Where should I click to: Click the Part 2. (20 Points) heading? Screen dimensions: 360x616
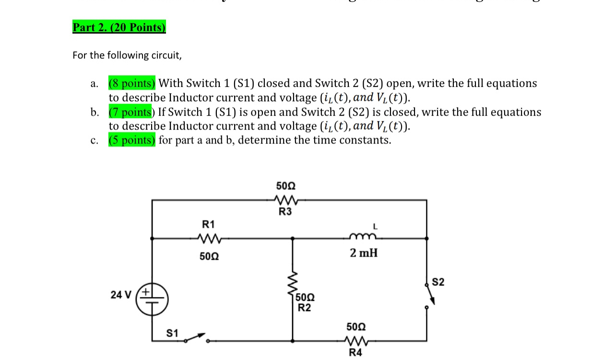119,27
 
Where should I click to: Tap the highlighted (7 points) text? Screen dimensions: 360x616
130,112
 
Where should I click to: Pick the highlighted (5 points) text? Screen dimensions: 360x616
132,140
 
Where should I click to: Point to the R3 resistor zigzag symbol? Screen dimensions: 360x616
285,200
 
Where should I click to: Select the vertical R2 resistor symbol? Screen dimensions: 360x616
292,286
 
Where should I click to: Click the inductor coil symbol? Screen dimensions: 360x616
363,236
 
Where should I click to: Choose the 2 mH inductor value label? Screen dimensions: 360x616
363,252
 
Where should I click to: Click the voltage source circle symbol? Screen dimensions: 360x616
153,298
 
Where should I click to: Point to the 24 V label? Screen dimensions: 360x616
120,295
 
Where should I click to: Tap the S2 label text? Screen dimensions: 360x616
438,282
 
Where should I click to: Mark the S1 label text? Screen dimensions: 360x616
172,333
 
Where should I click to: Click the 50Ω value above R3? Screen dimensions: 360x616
285,186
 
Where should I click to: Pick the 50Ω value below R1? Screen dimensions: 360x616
209,256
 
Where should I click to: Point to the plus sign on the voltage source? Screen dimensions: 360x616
145,291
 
